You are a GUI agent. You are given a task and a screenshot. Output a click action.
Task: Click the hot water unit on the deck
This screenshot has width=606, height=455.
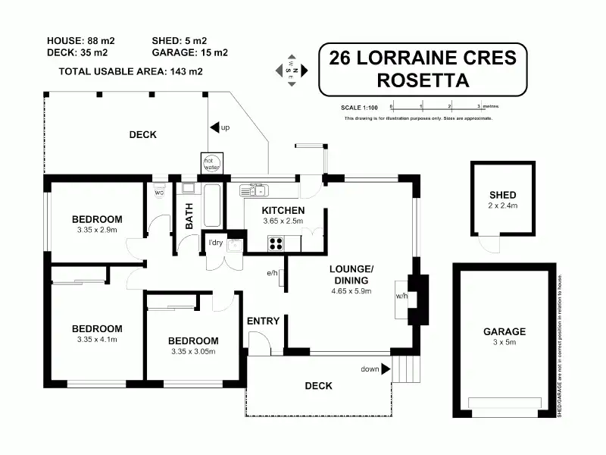[x=211, y=163]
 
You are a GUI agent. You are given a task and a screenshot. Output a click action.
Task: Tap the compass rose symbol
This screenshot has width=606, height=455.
[x=292, y=70]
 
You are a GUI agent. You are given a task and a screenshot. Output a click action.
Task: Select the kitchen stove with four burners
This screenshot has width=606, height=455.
[x=276, y=243]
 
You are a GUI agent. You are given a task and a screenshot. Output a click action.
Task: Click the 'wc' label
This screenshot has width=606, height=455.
[x=159, y=193]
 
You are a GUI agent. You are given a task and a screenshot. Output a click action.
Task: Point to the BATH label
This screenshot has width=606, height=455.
[x=189, y=219]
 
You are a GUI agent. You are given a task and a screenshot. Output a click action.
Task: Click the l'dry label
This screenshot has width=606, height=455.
[x=217, y=243]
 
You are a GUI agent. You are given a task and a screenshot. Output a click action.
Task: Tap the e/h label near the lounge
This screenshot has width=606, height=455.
[x=273, y=273]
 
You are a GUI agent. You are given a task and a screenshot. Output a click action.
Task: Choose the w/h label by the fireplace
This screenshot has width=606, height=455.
[x=401, y=295]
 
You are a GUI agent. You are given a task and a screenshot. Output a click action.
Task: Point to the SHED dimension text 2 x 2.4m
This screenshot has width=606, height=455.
[x=502, y=206]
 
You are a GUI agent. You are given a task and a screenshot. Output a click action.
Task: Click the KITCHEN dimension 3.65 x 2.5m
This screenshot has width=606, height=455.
[x=283, y=221]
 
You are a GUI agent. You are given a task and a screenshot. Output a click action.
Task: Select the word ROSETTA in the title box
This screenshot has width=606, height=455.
[x=423, y=80]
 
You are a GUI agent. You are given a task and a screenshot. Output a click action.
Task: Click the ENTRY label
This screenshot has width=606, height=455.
[x=264, y=321]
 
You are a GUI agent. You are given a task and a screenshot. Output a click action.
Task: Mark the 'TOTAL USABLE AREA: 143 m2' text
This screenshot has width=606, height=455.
[x=131, y=71]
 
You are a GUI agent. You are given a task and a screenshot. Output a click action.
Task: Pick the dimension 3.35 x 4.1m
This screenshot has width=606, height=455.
[x=97, y=339]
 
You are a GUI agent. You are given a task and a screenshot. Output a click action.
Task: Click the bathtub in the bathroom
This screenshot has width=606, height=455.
[x=212, y=205]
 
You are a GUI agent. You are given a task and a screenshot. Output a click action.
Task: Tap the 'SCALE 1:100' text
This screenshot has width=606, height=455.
[x=359, y=106]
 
